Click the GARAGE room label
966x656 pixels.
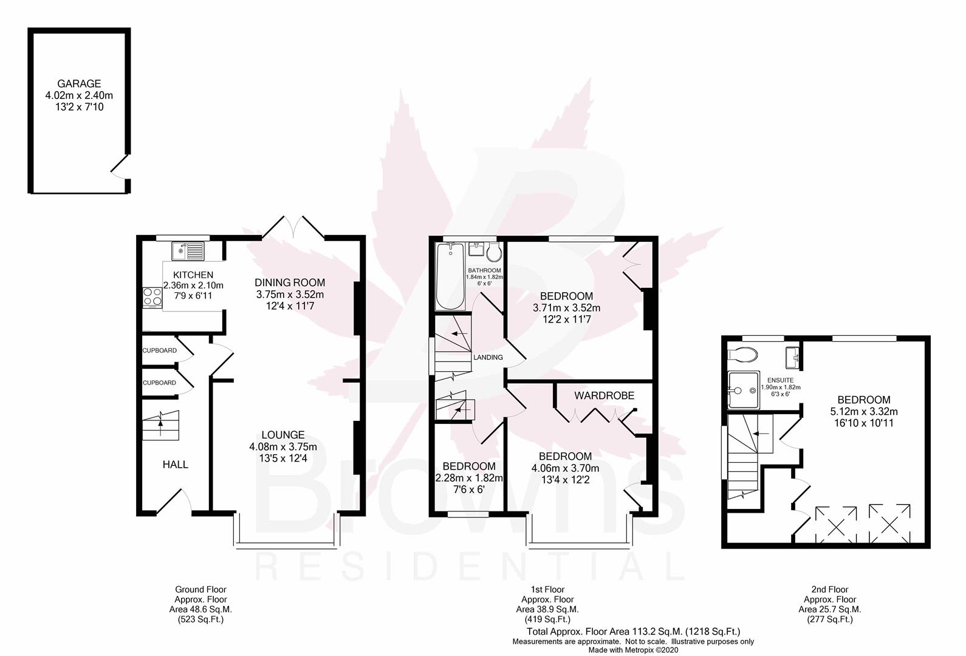pos(79,84)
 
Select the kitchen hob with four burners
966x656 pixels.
pos(152,297)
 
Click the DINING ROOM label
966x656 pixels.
pos(290,282)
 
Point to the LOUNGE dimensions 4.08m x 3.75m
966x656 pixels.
pos(283,446)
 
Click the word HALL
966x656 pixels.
pos(175,465)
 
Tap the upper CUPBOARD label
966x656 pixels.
pos(159,350)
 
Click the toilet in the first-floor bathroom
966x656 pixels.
pos(494,252)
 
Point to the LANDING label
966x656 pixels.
pos(488,357)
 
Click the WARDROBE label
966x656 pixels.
pos(604,395)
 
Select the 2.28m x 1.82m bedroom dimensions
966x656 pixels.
pos(469,477)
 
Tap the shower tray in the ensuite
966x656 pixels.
pos(744,390)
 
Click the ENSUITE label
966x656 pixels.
pos(781,380)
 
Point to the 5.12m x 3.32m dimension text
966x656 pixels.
pos(864,411)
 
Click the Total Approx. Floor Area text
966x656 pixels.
pos(634,632)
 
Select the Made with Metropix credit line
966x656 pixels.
pos(633,650)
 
